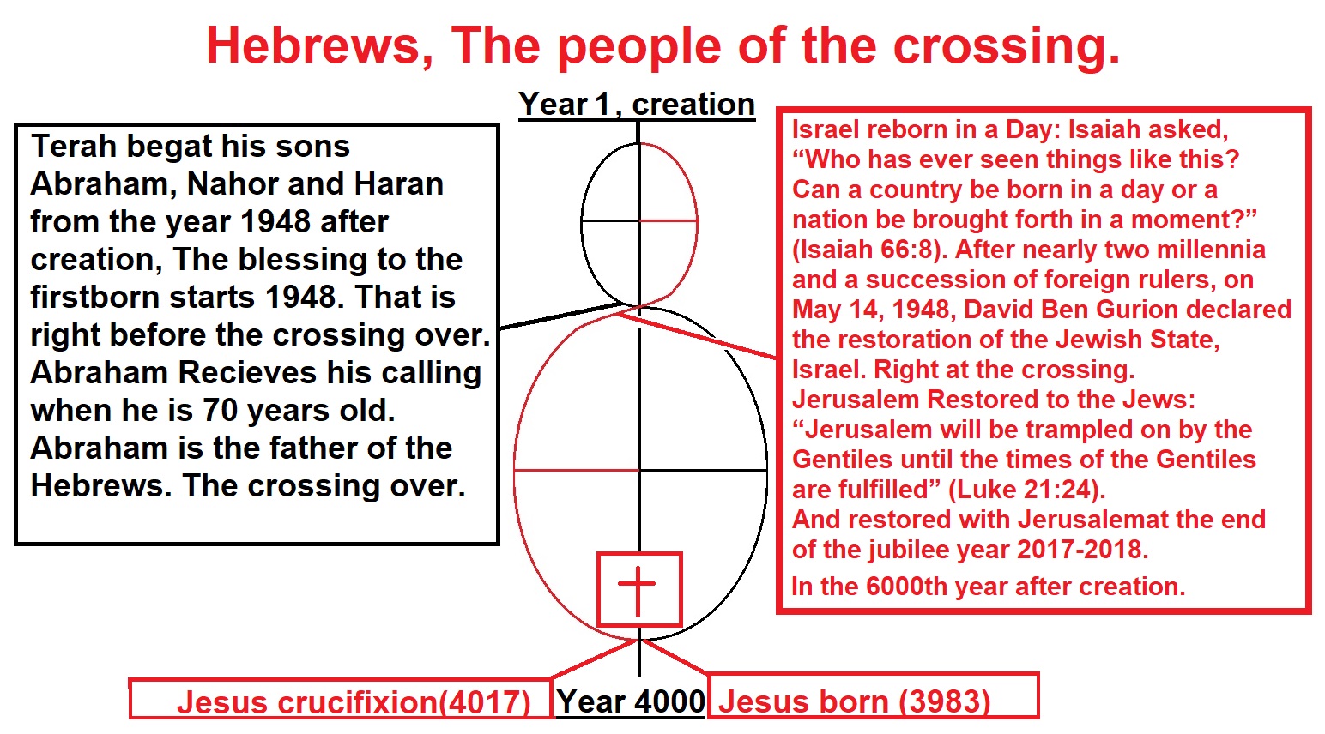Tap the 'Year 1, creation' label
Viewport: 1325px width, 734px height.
637,104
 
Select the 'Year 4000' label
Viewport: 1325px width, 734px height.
631,701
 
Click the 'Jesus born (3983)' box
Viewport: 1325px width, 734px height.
873,695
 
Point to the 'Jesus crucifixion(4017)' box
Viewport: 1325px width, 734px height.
340,699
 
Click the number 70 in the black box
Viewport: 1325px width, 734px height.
221,410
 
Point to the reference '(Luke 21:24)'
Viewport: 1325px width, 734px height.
1026,490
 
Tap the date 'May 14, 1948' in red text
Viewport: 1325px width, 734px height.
874,310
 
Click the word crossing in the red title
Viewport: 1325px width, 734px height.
1007,47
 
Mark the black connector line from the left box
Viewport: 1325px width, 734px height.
559,316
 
